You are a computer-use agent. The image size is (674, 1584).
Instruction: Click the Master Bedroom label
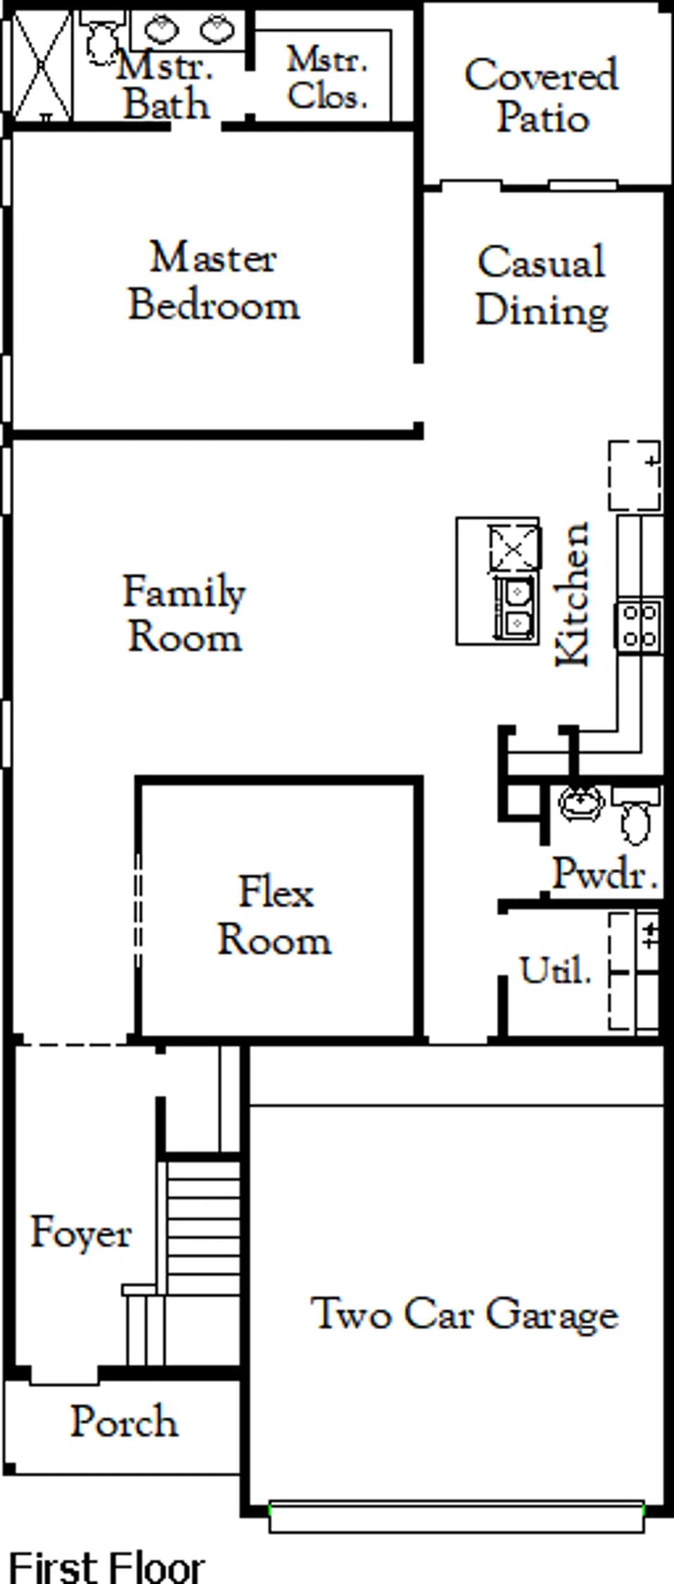[214, 281]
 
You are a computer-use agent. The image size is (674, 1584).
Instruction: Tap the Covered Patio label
[542, 96]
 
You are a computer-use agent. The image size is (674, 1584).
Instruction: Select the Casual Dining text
[542, 287]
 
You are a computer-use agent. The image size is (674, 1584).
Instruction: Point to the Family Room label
[184, 613]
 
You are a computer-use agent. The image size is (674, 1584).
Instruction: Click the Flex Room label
[274, 915]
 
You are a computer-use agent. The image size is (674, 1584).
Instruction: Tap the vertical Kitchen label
[572, 593]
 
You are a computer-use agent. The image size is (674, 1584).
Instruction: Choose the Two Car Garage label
[464, 1314]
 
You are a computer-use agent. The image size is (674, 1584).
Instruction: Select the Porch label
[124, 1421]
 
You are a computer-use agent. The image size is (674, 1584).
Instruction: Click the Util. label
[555, 970]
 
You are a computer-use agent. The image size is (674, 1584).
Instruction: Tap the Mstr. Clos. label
[327, 77]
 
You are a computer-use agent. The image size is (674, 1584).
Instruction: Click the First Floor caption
[107, 1566]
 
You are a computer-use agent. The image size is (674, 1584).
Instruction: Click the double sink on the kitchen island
[516, 607]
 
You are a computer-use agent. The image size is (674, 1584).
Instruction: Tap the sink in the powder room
[581, 803]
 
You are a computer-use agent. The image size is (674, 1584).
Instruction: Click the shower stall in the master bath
[42, 65]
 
